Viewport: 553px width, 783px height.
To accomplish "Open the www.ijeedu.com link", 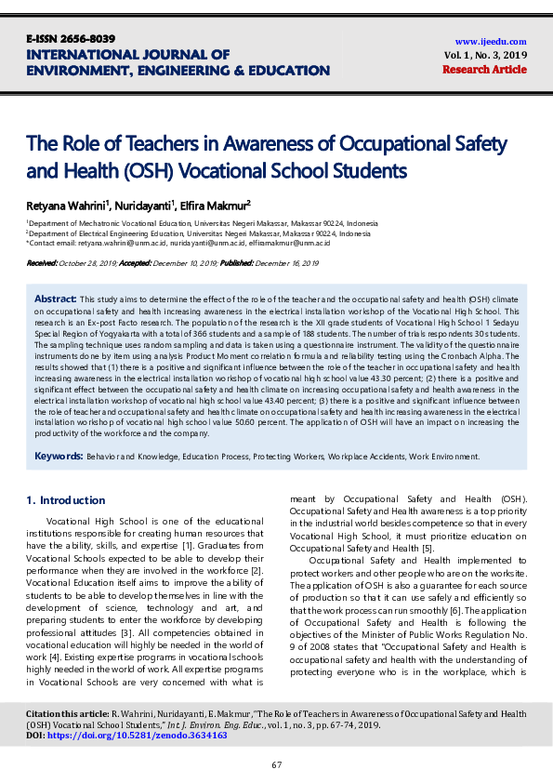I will [x=491, y=41].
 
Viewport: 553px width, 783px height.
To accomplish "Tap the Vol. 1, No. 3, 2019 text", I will [x=485, y=55].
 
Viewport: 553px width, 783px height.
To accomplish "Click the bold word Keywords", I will [x=59, y=456].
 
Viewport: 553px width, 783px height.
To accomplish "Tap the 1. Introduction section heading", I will [x=68, y=500].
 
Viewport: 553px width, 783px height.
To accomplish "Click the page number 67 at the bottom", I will [x=276, y=764].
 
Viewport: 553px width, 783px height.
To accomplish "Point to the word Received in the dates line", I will [x=42, y=264].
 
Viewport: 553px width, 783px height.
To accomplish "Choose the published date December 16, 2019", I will [x=285, y=264].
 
